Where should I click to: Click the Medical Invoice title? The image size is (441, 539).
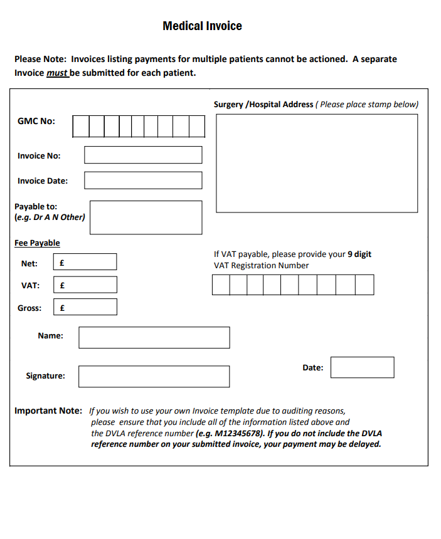[x=202, y=26]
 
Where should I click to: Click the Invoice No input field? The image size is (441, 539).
[x=143, y=155]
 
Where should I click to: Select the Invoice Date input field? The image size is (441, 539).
[x=143, y=181]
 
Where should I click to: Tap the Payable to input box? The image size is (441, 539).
[x=146, y=217]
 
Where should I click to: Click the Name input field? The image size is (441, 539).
[x=154, y=337]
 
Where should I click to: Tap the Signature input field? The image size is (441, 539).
[x=154, y=376]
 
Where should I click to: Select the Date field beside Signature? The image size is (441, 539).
[x=362, y=367]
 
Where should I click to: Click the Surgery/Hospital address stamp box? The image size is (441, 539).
[x=317, y=163]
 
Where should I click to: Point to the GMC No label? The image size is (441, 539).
[x=36, y=121]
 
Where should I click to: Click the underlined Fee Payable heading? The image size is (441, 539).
[x=37, y=243]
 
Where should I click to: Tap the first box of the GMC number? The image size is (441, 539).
[x=81, y=126]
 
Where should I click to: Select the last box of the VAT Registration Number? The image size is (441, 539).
[x=364, y=285]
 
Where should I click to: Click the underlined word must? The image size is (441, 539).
[x=56, y=73]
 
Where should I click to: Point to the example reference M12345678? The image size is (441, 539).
[x=238, y=433]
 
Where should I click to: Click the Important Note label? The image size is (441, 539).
[x=48, y=411]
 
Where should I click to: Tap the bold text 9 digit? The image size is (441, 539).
[x=359, y=254]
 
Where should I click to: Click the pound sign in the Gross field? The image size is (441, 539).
[x=62, y=308]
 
